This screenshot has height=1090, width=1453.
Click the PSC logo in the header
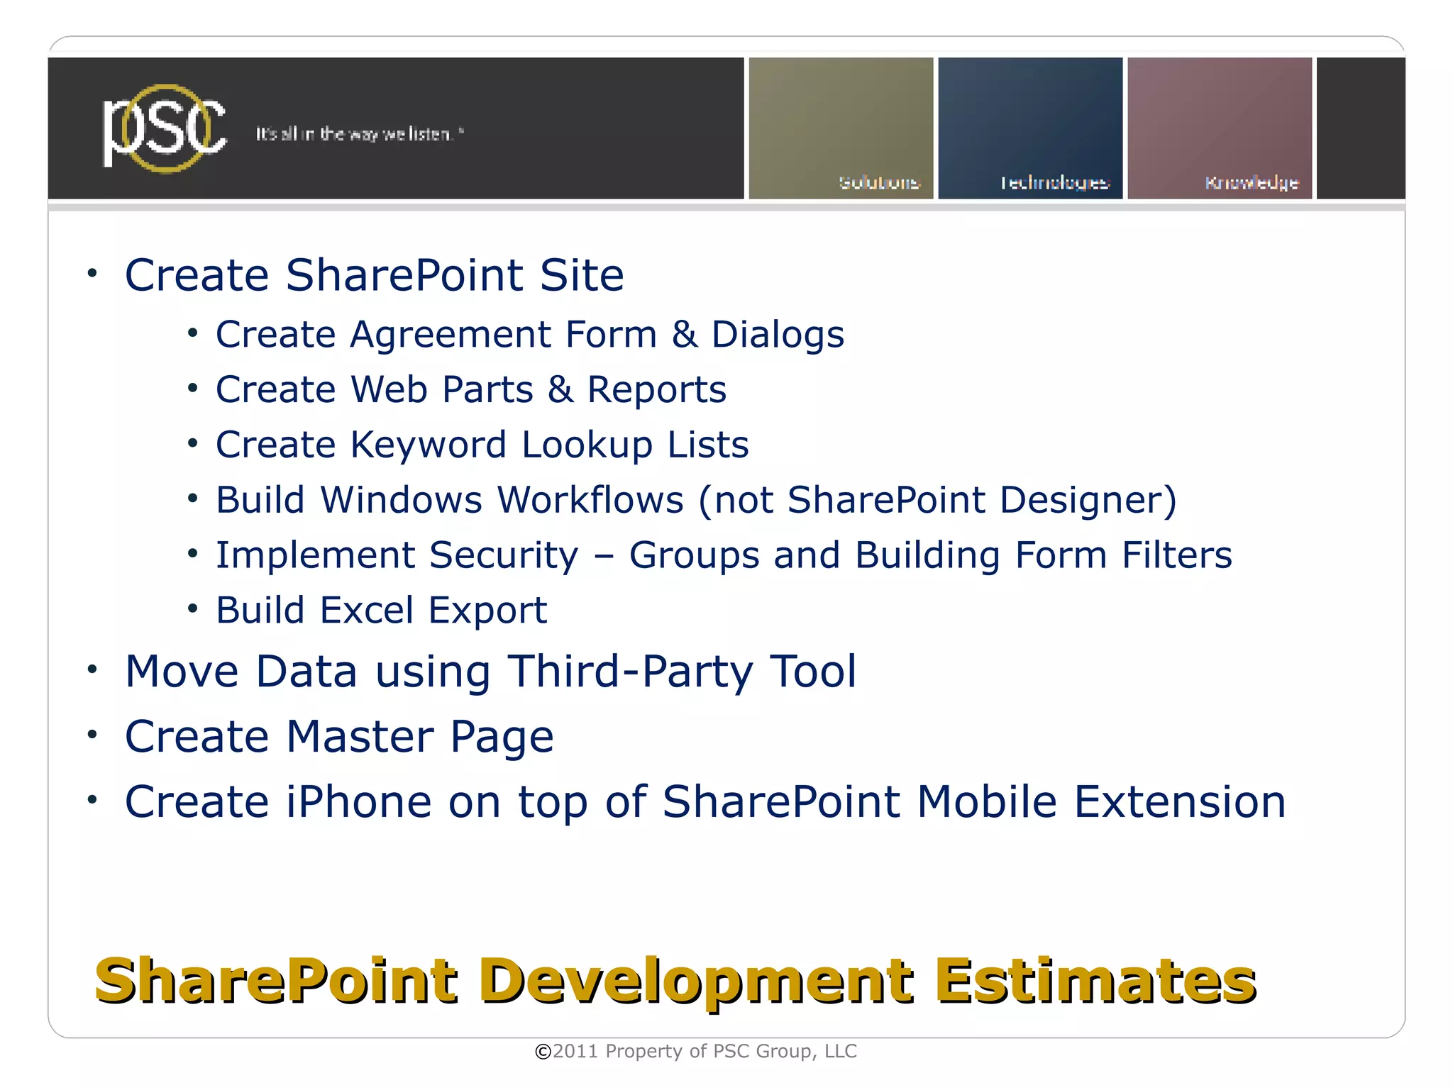coord(165,128)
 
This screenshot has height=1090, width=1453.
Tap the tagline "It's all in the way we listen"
coord(359,134)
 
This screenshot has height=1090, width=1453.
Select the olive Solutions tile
coord(841,128)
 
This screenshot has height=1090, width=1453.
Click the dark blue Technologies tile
coord(1030,128)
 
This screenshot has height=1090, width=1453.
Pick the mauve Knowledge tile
coord(1219,128)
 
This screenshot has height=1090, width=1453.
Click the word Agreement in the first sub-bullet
coord(450,335)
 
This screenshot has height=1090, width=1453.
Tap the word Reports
coord(656,390)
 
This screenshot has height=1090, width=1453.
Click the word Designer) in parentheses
coord(1088,500)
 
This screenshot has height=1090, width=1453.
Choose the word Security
coord(504,555)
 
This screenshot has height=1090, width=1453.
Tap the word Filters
coord(1176,555)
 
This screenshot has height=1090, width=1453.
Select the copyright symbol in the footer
coord(543,1052)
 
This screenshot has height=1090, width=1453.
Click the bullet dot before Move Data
coord(92,669)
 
